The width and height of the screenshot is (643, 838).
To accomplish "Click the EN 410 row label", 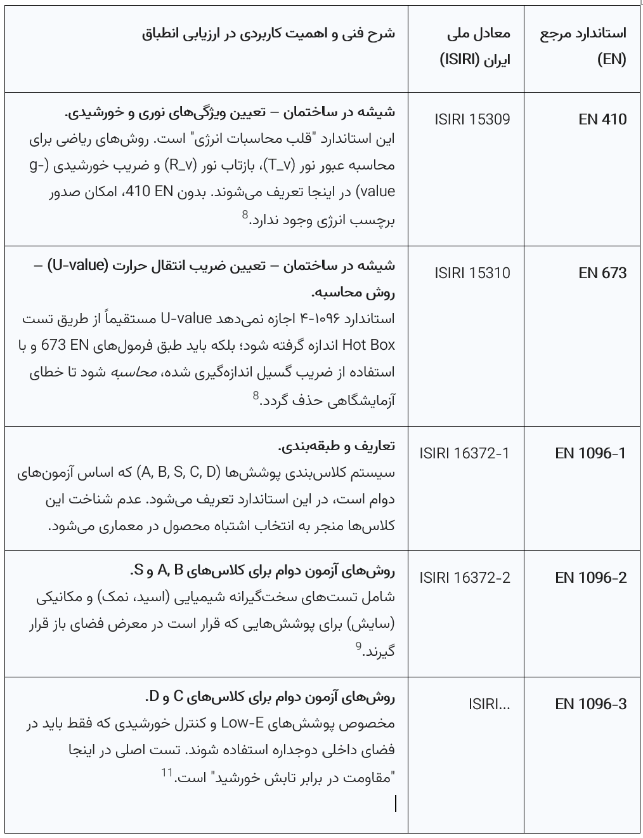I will (x=602, y=119).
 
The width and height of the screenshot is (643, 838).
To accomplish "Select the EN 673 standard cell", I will (x=602, y=273).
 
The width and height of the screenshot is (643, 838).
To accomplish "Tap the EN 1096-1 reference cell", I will (x=590, y=453).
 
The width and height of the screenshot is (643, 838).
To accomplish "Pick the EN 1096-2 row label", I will (x=590, y=578).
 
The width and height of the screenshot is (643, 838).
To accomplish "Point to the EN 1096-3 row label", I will (x=590, y=704).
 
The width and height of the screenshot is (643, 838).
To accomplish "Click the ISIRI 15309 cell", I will (x=472, y=119).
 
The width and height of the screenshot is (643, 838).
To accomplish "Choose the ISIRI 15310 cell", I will (x=472, y=273).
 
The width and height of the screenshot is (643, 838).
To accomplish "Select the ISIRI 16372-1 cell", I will (x=464, y=453).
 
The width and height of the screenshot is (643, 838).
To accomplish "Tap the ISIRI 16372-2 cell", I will (x=464, y=578).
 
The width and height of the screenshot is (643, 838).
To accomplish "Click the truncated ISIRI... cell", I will (x=489, y=704).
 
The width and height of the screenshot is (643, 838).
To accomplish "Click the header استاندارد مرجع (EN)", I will (x=583, y=46).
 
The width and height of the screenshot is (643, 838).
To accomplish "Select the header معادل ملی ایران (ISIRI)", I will (x=476, y=46).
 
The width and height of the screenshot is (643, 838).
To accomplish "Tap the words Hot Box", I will (x=368, y=345).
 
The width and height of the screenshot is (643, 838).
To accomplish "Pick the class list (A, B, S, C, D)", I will (x=181, y=472).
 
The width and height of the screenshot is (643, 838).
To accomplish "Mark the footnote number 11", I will (x=167, y=773).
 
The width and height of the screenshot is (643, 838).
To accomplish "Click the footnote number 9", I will (x=358, y=647).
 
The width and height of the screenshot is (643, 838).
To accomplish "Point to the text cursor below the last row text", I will (x=396, y=803).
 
